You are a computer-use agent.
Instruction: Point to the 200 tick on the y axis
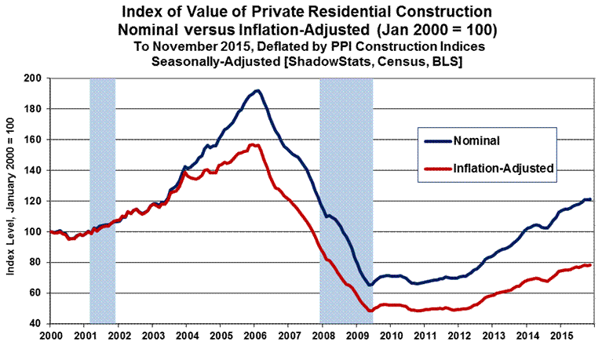pyautogui.click(x=33, y=78)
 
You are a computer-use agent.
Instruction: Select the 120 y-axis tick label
pyautogui.click(x=33, y=201)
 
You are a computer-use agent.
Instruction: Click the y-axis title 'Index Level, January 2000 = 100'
pyautogui.click(x=10, y=200)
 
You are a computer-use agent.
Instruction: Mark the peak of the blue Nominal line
pyautogui.click(x=257, y=90)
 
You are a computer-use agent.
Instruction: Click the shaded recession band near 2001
pyautogui.click(x=103, y=201)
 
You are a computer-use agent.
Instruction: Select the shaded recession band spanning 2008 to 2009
pyautogui.click(x=346, y=201)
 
